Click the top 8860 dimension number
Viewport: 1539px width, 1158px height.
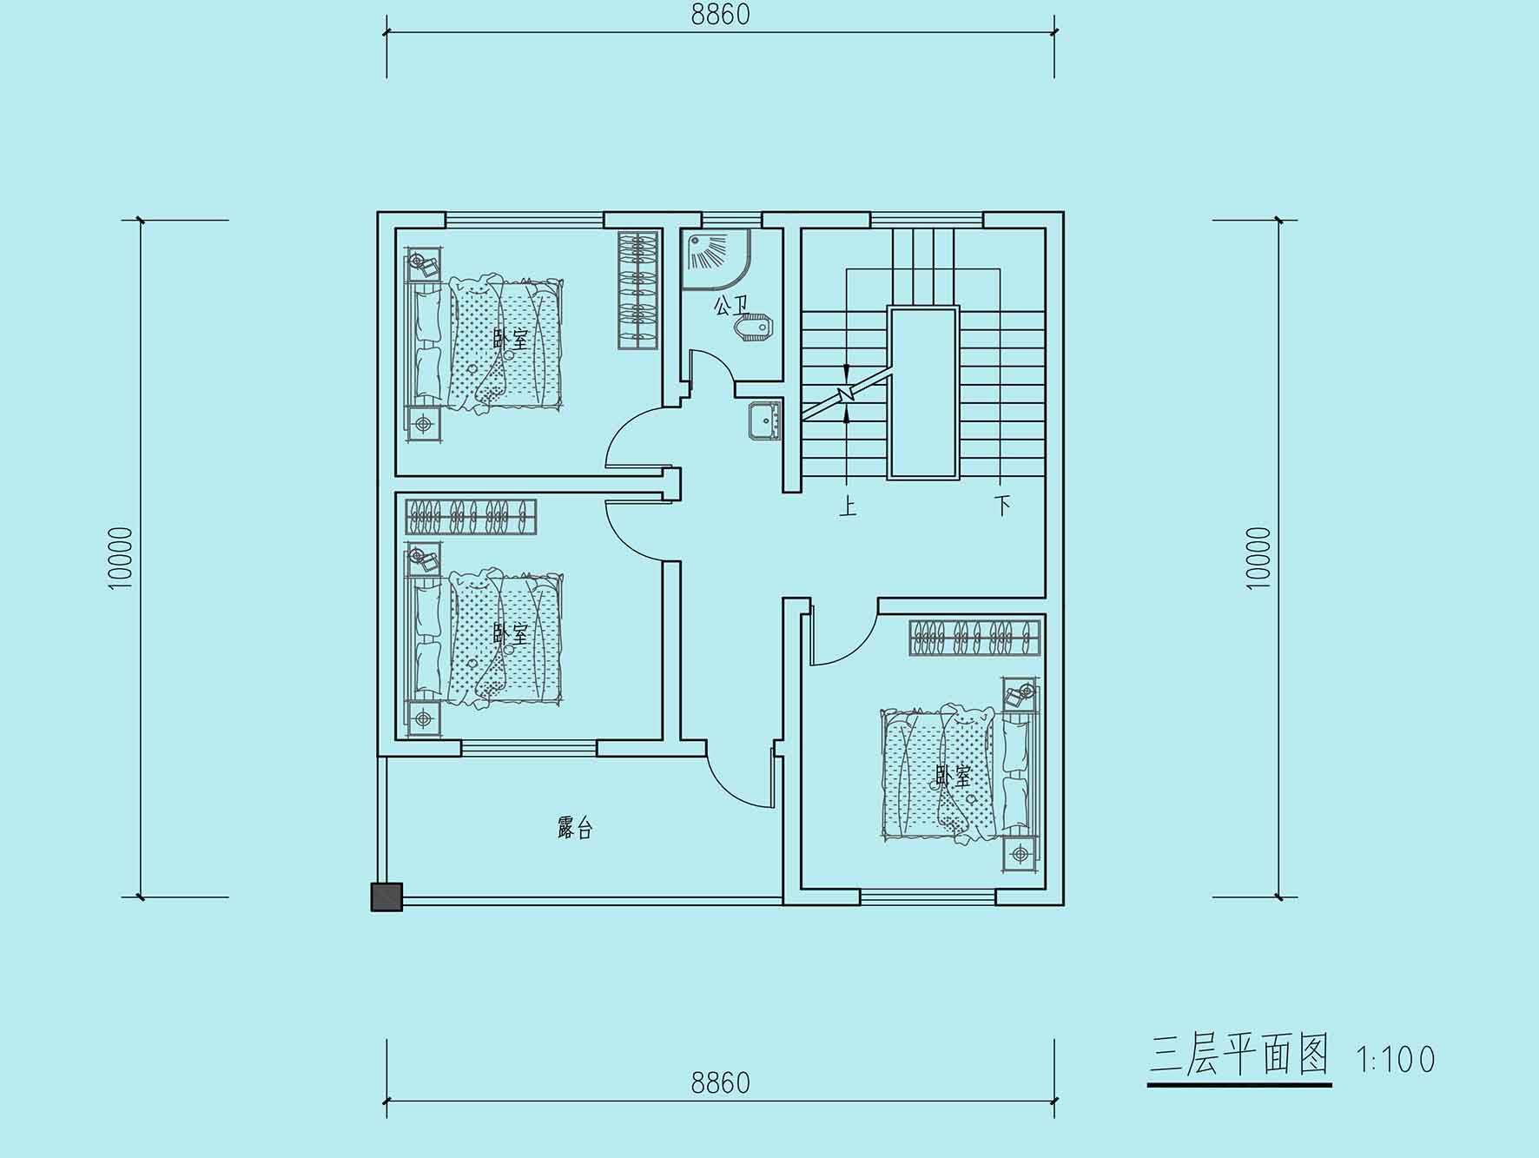[720, 15]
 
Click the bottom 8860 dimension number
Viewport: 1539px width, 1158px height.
[720, 1082]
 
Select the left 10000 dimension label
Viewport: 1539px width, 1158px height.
[122, 558]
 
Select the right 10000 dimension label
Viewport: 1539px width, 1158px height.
[1258, 558]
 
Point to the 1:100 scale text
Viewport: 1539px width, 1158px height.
[1396, 1059]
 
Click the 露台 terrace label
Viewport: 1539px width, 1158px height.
[575, 828]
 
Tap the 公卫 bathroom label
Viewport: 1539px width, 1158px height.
[730, 306]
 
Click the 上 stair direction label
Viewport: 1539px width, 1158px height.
[848, 505]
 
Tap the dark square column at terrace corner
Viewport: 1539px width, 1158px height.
[386, 897]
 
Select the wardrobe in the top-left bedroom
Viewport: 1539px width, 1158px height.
[638, 290]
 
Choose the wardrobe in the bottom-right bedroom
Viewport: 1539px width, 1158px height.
[974, 638]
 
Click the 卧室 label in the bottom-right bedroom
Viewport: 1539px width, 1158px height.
[953, 775]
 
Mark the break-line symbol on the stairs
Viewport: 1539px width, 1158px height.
[847, 395]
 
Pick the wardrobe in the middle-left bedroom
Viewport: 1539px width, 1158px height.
[471, 517]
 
